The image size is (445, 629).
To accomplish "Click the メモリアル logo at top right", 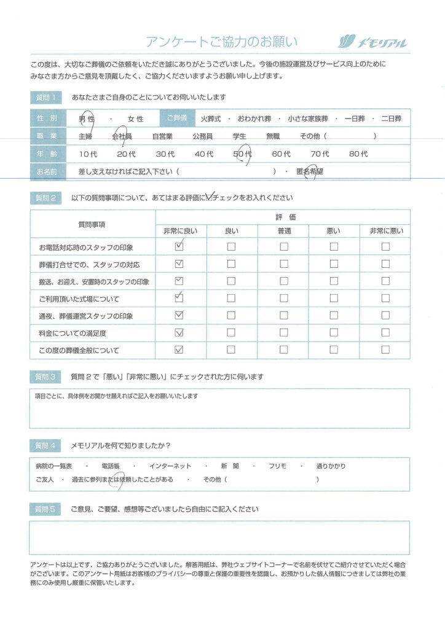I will point(373,42).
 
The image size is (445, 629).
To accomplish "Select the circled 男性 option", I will point(85,119).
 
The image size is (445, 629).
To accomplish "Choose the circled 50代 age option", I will point(243,154).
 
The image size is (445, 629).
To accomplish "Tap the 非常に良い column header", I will point(179,231).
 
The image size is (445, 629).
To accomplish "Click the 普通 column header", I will point(283,231).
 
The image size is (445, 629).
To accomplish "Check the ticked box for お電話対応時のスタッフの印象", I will point(179,247).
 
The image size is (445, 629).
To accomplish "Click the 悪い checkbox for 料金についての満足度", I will point(334,333).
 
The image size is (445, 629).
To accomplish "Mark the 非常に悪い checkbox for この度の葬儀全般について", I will point(385,350).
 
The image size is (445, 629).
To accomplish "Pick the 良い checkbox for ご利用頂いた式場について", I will point(231,299).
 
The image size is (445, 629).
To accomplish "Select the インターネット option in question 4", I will point(170,466).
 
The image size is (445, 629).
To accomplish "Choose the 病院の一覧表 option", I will point(54,466).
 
